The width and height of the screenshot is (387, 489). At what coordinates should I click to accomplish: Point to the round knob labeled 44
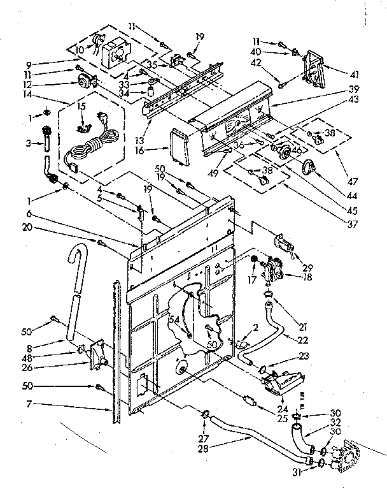pos(310,167)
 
